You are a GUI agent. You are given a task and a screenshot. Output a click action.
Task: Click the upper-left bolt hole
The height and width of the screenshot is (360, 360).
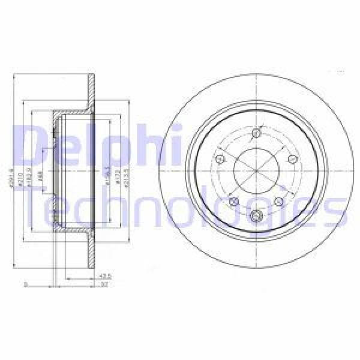point(220,159)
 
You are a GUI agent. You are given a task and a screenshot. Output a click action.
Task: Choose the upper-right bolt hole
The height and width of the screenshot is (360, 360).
point(293,159)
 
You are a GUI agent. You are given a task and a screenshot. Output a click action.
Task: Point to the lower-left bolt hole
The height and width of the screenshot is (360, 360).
point(234,202)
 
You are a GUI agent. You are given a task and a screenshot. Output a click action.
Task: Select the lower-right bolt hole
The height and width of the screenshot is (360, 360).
point(279,202)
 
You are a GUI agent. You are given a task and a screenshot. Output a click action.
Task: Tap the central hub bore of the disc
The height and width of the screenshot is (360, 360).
point(256,171)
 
